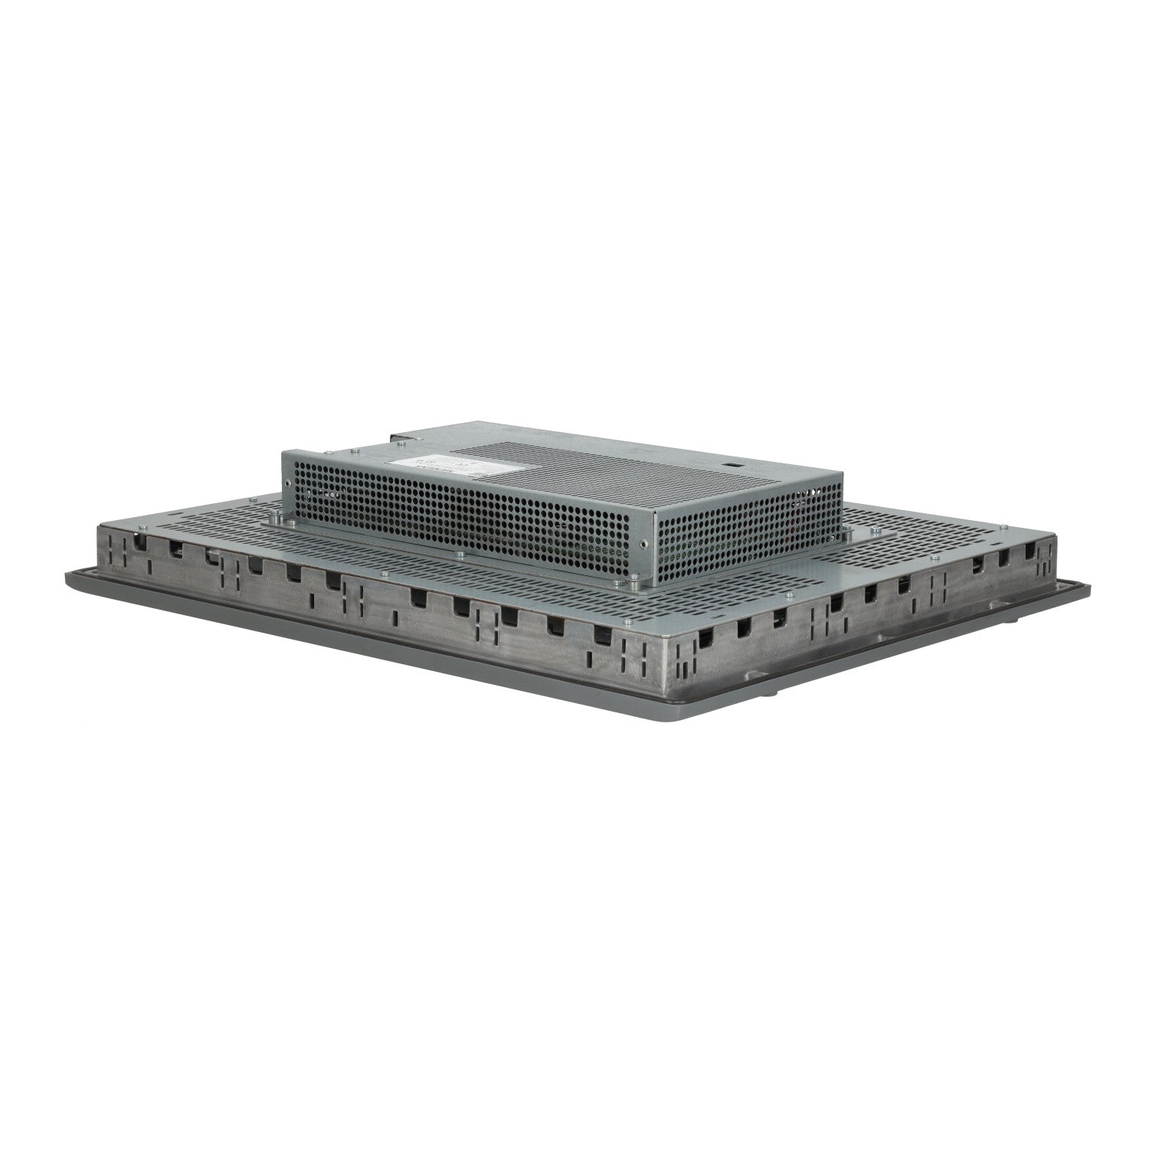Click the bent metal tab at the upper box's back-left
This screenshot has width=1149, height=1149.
point(398,438)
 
